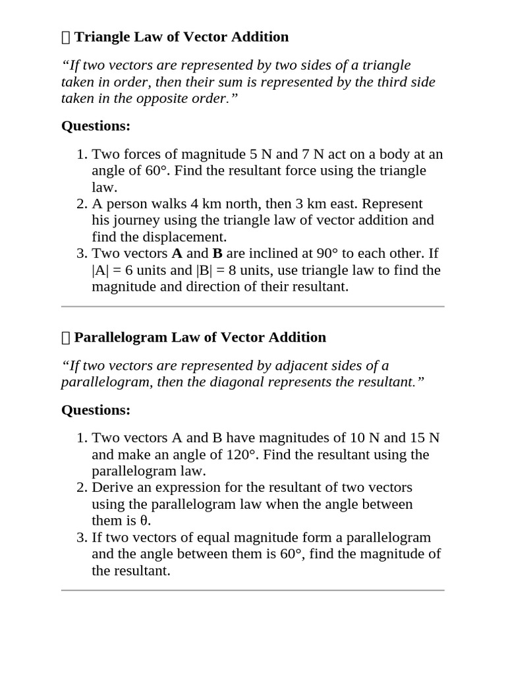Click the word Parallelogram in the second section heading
[x=121, y=337]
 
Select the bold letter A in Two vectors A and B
[x=177, y=253]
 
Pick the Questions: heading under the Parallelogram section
[x=96, y=410]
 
